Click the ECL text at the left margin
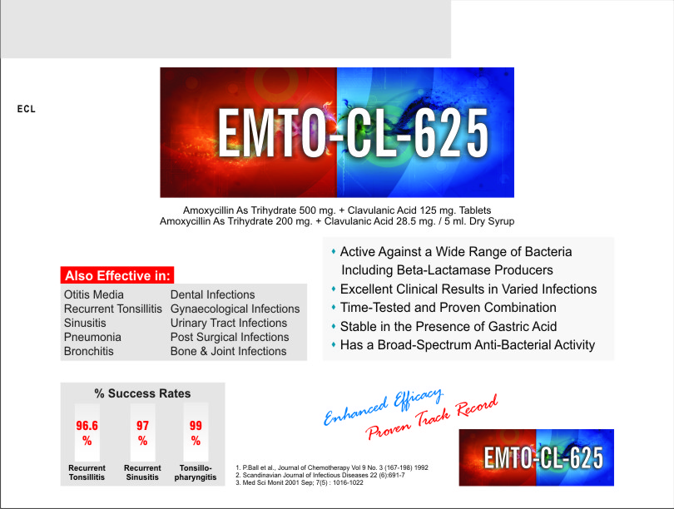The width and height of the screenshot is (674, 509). (27, 109)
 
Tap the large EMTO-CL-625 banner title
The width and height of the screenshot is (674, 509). (353, 133)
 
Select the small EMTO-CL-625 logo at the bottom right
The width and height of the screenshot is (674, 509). (536, 457)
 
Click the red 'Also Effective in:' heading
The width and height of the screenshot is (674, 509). (117, 275)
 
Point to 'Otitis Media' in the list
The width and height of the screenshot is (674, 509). (94, 294)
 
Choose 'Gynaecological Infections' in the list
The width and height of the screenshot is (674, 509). (235, 309)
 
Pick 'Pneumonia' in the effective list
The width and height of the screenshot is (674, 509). (92, 337)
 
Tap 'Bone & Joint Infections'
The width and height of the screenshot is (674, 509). (228, 351)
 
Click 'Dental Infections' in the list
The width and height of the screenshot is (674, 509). (213, 294)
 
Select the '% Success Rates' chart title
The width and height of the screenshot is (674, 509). (142, 393)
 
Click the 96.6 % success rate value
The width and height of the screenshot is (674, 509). (87, 433)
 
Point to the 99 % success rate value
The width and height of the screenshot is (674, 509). (196, 433)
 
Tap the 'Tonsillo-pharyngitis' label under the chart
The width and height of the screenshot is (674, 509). (196, 472)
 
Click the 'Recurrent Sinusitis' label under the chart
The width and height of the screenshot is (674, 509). (142, 472)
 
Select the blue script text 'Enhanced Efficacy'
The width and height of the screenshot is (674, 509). (383, 406)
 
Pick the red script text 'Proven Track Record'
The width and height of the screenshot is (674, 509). (432, 418)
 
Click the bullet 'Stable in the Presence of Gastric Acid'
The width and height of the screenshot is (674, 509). (449, 327)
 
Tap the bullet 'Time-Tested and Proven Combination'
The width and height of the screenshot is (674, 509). (448, 308)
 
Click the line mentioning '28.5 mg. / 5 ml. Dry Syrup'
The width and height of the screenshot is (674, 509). (337, 221)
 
